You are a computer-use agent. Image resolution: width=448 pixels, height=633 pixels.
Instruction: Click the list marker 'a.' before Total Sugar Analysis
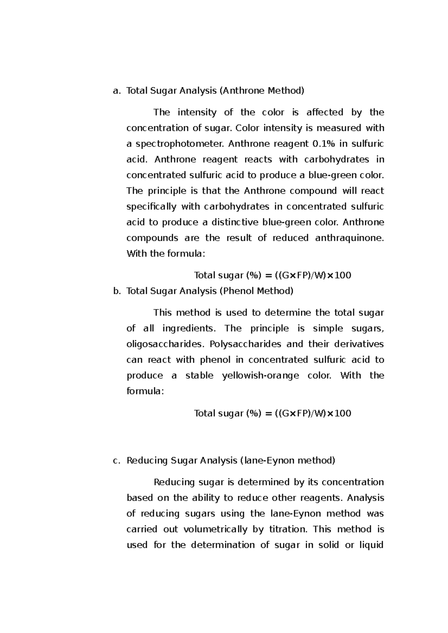tap(117, 91)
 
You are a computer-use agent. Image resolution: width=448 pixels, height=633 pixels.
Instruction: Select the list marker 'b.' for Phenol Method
tap(117, 291)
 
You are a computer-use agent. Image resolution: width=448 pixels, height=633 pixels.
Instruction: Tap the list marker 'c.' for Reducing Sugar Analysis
tap(116, 460)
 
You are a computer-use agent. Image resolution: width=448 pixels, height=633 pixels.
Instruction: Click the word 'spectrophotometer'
tap(179, 144)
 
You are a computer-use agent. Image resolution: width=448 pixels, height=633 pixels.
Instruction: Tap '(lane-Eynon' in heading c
tap(267, 460)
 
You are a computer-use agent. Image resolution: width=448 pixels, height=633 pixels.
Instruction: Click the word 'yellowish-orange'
tap(261, 375)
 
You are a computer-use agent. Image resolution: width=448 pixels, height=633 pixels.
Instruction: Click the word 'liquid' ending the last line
tap(371, 545)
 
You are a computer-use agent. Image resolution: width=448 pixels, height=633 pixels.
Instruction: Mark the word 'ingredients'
tap(189, 328)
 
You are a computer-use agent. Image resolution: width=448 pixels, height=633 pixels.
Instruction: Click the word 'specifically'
tap(151, 207)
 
